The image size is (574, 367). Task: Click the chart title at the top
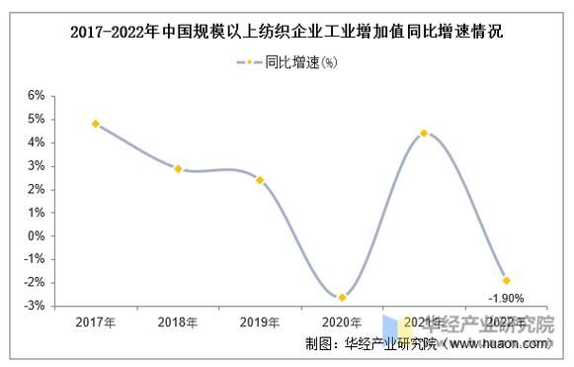(x=287, y=32)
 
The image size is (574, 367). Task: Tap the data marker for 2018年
(x=178, y=169)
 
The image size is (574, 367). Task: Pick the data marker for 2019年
(x=260, y=180)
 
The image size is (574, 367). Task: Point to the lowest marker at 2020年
(x=342, y=297)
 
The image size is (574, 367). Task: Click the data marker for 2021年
(x=424, y=133)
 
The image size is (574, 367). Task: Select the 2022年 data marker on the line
(x=507, y=280)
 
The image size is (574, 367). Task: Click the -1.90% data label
(x=505, y=297)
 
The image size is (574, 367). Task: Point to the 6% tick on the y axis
(x=37, y=96)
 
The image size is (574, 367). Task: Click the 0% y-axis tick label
(x=37, y=236)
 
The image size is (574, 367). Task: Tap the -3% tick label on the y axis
(x=35, y=307)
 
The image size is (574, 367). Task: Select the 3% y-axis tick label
(x=37, y=166)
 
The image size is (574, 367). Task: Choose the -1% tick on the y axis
(x=35, y=260)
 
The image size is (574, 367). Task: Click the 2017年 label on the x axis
(x=96, y=322)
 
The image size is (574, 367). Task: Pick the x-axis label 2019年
(x=260, y=322)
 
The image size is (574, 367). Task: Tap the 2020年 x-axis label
(x=342, y=322)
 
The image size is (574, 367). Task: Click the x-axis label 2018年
(x=178, y=322)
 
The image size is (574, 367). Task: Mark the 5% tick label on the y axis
(x=37, y=120)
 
